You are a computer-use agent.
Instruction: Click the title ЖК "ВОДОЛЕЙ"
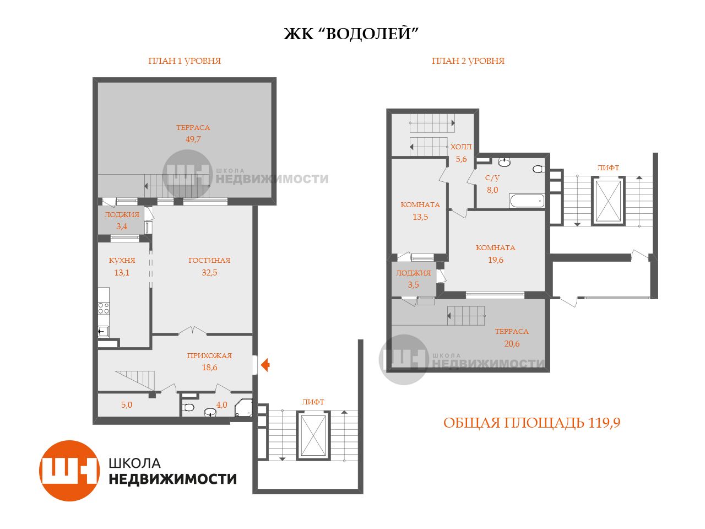click(351, 34)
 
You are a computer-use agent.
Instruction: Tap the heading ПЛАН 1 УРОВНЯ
click(185, 61)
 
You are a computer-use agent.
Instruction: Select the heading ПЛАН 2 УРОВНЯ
click(468, 61)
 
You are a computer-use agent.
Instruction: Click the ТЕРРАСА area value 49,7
click(193, 139)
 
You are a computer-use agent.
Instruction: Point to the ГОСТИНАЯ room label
click(209, 260)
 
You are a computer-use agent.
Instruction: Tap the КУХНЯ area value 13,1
click(122, 273)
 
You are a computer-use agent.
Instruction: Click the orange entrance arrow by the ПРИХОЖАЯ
click(265, 365)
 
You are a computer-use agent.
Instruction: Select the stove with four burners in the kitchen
click(104, 309)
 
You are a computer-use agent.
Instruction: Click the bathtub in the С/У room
click(527, 201)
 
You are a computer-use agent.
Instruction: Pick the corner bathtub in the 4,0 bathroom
click(243, 408)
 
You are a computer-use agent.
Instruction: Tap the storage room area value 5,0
click(127, 405)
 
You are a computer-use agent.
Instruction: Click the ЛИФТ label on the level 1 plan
click(313, 402)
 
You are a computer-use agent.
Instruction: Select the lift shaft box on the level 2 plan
click(608, 201)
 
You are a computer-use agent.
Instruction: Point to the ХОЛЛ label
click(461, 147)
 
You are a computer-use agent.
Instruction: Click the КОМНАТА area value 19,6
click(496, 260)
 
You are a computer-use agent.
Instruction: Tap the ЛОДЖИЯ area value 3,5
click(413, 284)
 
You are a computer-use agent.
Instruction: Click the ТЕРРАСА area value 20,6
click(512, 344)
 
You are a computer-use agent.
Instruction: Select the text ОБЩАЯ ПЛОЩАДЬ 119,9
click(532, 423)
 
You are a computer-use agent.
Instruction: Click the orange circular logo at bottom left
click(69, 471)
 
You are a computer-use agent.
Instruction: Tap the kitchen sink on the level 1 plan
click(104, 331)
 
